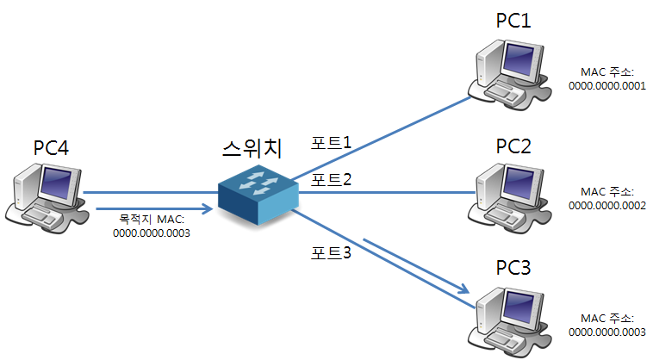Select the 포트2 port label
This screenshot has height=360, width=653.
pyautogui.click(x=332, y=180)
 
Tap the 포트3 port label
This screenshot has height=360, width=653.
pyautogui.click(x=332, y=254)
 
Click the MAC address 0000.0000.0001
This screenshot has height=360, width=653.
pyautogui.click(x=607, y=86)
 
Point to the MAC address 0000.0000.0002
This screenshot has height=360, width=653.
pyautogui.click(x=607, y=205)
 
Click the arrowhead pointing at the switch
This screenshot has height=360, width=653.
pyautogui.click(x=207, y=208)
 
